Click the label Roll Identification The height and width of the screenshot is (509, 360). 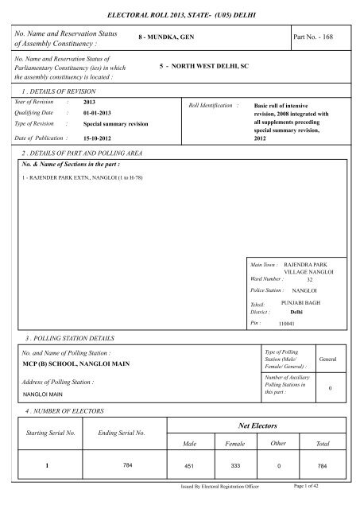(x=212, y=104)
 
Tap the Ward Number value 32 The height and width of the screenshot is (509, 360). (x=310, y=279)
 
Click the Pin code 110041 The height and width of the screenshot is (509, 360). (x=287, y=324)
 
